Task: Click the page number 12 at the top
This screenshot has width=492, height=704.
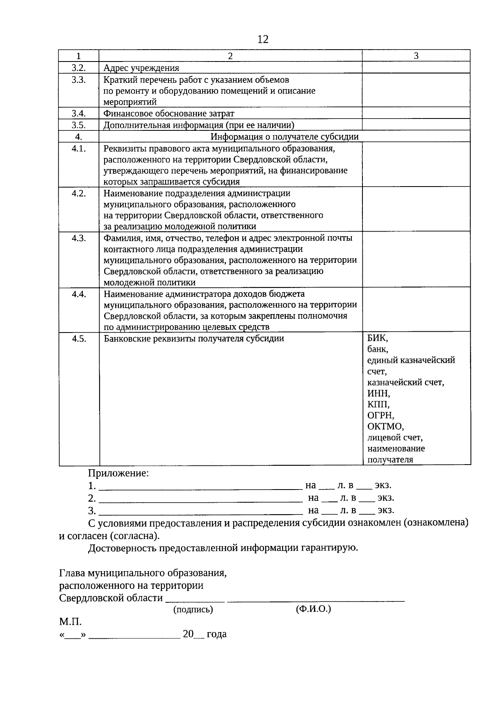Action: pos(263,39)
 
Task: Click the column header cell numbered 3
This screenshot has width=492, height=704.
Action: pos(416,56)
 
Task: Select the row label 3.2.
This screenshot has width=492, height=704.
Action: pos(79,68)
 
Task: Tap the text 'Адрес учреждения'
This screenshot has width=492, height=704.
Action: pos(141,68)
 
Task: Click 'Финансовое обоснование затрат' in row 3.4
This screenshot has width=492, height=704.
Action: pos(169,114)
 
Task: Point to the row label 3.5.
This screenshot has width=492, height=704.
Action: pos(79,125)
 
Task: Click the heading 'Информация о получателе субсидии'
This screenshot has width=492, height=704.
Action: pos(285,137)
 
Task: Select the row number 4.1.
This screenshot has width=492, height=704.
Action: pos(79,148)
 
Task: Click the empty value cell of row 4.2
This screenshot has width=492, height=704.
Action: pos(416,209)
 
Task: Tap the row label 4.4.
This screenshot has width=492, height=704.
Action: pos(79,294)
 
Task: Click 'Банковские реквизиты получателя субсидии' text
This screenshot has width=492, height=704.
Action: pos(194,339)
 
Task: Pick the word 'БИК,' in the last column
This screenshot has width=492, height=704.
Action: pos(377,339)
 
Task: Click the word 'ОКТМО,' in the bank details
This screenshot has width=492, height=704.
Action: pos(385,426)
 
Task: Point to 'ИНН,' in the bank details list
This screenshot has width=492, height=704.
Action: pos(378,394)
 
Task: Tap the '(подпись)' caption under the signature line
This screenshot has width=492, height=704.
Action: pos(193,610)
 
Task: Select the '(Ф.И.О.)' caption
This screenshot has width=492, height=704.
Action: pos(313,609)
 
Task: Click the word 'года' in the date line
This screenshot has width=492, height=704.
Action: pos(216,634)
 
